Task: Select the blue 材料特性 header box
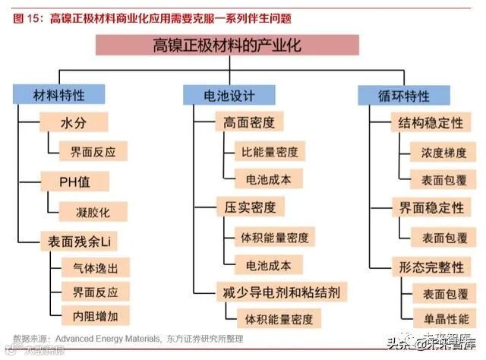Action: [x=58, y=96]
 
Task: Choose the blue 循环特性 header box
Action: [x=403, y=96]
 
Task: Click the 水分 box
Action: [x=74, y=122]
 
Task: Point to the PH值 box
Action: [x=74, y=182]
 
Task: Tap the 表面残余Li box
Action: [x=77, y=242]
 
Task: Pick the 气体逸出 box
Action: [x=90, y=267]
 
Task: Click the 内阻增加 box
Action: [x=90, y=314]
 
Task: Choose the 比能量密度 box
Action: [x=270, y=151]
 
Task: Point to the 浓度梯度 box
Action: [x=443, y=152]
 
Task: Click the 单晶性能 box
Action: [x=445, y=318]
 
